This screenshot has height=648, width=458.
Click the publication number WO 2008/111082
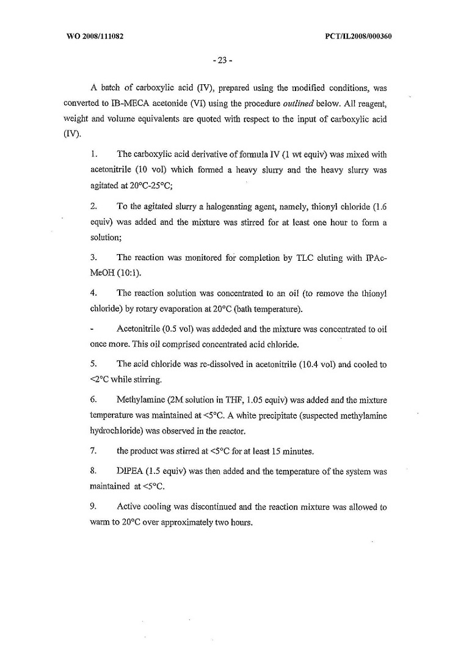95,36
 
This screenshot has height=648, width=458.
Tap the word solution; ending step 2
106,240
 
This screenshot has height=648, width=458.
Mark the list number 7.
93,451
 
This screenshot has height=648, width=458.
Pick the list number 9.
93,507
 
